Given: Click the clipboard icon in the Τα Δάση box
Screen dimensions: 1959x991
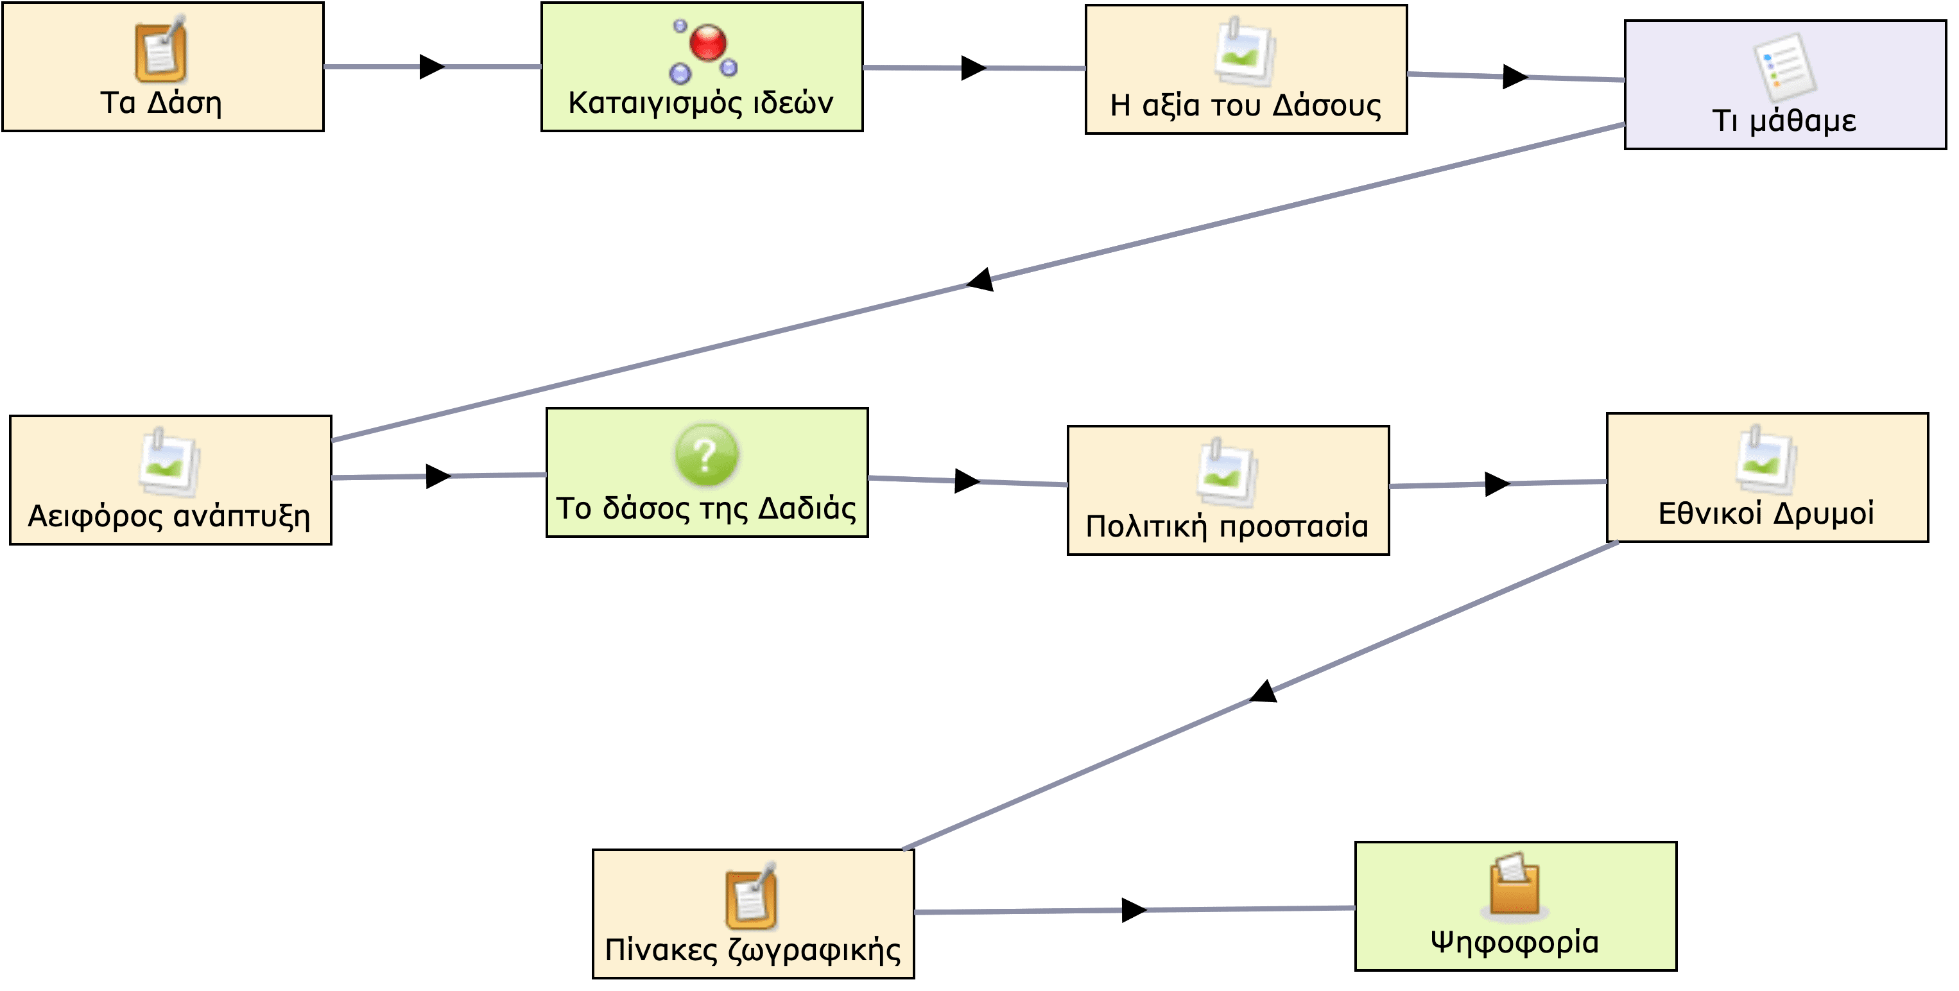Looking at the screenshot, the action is [x=160, y=49].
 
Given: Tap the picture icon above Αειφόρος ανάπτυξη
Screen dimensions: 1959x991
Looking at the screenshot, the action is [x=169, y=461].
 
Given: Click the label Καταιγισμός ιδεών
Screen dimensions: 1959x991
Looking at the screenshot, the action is [x=700, y=103].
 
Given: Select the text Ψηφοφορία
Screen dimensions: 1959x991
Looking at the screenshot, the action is [x=1515, y=942].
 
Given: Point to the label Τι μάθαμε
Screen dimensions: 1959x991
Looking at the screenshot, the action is [x=1784, y=120].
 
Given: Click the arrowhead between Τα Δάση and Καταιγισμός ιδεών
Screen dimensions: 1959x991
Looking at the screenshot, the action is [x=433, y=67].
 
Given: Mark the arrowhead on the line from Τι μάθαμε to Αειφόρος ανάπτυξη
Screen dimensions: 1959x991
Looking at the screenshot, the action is [x=980, y=280].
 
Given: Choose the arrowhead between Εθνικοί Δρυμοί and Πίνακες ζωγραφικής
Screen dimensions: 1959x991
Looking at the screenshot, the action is [x=1264, y=691].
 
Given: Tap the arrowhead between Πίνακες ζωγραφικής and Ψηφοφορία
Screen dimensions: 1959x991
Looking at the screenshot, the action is [x=1135, y=910].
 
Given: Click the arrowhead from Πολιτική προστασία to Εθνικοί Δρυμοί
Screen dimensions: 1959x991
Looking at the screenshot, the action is [x=1497, y=484].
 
